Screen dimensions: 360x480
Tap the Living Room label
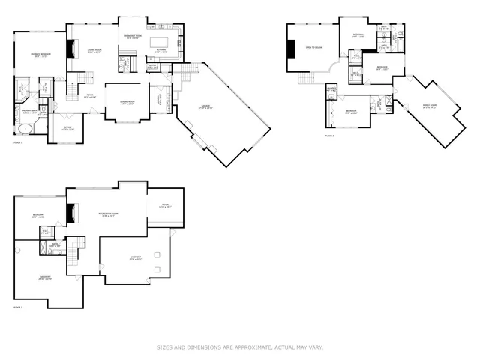[x=95, y=51]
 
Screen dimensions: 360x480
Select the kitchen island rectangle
[x=159, y=41]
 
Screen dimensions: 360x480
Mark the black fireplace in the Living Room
[x=73, y=49]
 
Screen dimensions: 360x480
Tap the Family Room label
[x=428, y=106]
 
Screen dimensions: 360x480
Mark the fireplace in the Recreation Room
[x=72, y=214]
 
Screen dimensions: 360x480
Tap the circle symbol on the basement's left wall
[x=15, y=249]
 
